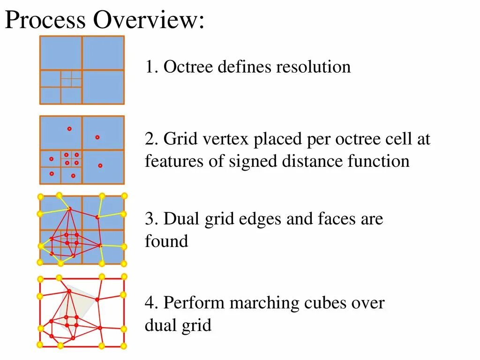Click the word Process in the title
(x=45, y=21)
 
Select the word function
(x=378, y=161)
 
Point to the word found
(x=166, y=241)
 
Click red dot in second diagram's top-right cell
(x=97, y=137)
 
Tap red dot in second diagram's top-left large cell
(x=69, y=128)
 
